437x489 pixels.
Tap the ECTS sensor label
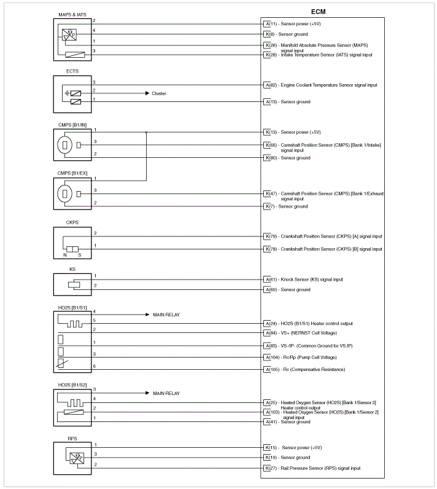pos(73,72)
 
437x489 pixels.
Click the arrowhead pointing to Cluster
pos(147,93)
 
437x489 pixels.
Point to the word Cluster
pos(159,93)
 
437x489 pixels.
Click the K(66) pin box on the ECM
pos(270,145)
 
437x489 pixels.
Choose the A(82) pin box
pos(270,85)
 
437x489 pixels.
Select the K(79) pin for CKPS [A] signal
pos(270,236)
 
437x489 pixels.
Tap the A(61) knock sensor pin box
pos(270,280)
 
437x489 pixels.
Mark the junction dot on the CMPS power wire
pos(146,132)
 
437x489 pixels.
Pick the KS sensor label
pos(72,268)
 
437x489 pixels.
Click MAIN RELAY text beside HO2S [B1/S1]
pos(166,315)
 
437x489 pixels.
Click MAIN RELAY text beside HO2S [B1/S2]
pos(166,393)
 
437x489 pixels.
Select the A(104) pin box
pos(271,357)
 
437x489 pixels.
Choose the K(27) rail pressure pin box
pos(270,468)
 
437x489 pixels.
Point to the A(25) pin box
pos(270,402)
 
